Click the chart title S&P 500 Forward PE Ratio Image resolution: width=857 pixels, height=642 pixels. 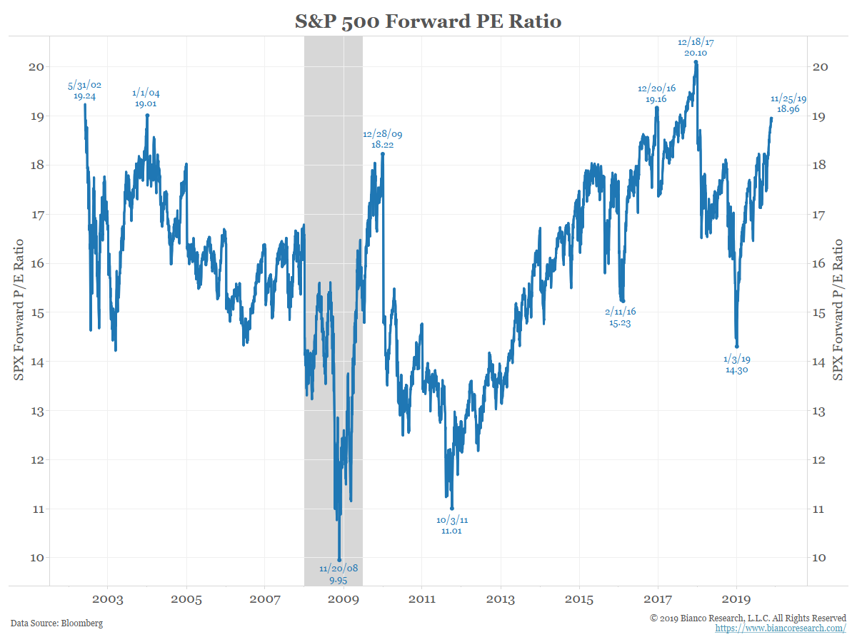(428, 21)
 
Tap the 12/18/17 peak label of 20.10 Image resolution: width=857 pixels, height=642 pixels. (696, 48)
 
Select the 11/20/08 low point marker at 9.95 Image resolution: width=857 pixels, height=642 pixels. (339, 560)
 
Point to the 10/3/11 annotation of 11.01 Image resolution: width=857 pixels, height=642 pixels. (452, 526)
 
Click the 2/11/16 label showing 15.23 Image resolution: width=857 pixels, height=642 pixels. (620, 317)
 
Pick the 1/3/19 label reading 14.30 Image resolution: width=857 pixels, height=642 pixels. (736, 365)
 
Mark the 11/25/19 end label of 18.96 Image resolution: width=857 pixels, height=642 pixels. (788, 104)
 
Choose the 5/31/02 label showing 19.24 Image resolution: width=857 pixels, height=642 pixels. (85, 90)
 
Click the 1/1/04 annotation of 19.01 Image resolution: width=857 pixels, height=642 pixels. (146, 98)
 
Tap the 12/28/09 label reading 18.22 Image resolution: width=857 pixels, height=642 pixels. (383, 139)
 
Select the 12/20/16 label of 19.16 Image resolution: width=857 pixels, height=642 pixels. (656, 94)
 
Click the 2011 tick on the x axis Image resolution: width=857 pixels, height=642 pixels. (422, 600)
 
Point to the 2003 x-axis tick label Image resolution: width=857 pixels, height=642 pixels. (108, 600)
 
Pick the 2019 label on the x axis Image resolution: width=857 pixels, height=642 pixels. (736, 600)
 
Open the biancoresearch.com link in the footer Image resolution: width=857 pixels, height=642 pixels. (781, 628)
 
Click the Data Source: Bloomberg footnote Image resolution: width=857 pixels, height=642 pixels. (56, 623)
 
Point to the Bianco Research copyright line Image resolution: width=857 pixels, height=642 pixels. (748, 618)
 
